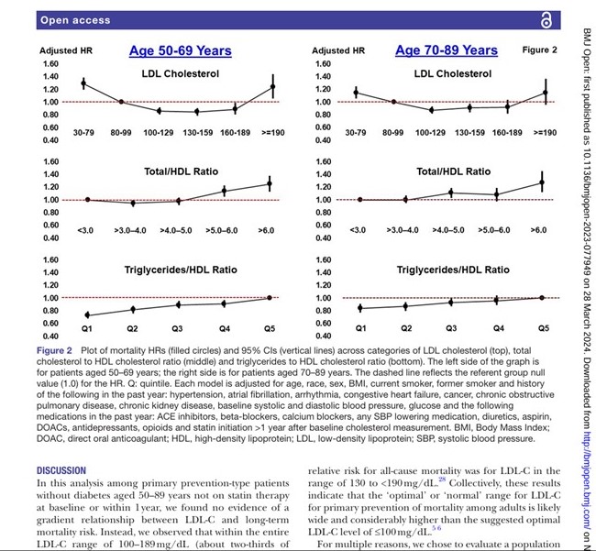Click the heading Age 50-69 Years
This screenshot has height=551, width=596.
(x=180, y=50)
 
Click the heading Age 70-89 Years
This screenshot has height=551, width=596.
(x=447, y=50)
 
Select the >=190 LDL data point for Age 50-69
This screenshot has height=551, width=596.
(x=271, y=87)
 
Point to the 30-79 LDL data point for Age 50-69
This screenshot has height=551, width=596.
(x=83, y=83)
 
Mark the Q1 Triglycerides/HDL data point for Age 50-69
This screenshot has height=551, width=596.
(x=86, y=314)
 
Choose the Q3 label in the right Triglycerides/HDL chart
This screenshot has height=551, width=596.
(x=451, y=327)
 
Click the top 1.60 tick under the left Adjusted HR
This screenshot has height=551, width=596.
(x=49, y=63)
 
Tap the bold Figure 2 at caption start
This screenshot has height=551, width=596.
(x=58, y=350)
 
